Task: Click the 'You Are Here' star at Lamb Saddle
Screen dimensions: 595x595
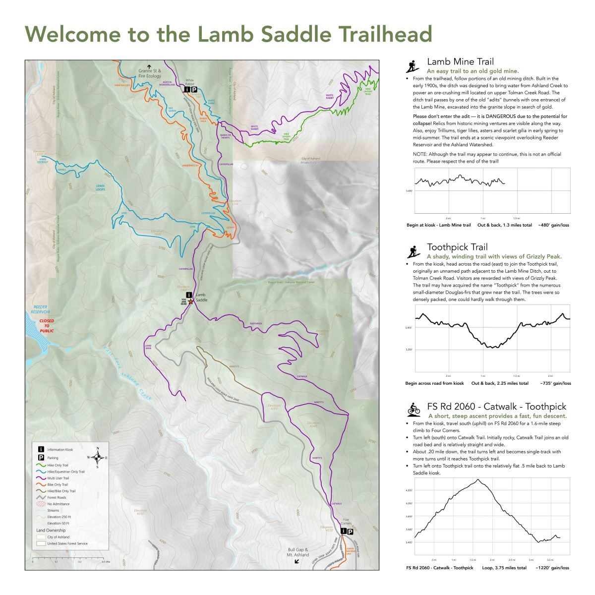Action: tap(191, 301)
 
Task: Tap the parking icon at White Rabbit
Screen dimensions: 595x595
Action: tap(194, 90)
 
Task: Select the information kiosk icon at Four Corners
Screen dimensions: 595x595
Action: tap(343, 531)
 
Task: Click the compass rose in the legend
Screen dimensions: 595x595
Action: tap(98, 457)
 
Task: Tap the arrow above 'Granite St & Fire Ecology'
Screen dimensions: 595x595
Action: tap(149, 66)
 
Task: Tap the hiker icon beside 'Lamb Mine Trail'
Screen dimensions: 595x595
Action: tap(411, 66)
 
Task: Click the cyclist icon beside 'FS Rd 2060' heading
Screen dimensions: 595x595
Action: tap(414, 409)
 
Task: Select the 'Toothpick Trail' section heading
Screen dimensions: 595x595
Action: tap(457, 247)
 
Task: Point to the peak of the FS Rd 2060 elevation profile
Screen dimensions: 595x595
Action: tap(478, 479)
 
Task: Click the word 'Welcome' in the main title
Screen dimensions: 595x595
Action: tap(73, 34)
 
